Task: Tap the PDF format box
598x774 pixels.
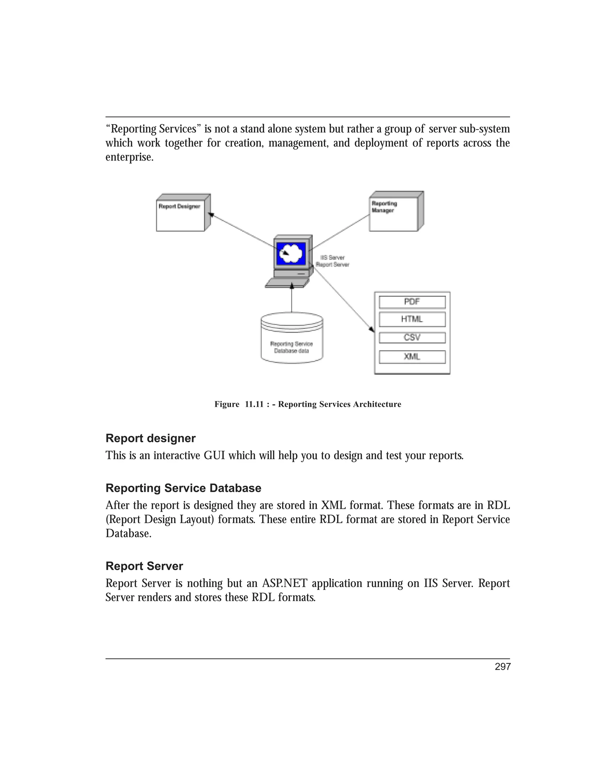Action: point(412,302)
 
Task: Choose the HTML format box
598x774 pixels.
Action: point(412,319)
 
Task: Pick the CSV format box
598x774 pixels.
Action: point(412,338)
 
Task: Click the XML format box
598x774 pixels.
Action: point(412,357)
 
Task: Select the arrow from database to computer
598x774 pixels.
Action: point(292,298)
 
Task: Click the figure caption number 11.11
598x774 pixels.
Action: point(254,404)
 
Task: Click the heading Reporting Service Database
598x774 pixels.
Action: point(183,488)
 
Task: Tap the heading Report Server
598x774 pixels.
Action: point(144,566)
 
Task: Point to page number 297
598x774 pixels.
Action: point(502,667)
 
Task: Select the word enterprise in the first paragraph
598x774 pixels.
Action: point(129,157)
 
